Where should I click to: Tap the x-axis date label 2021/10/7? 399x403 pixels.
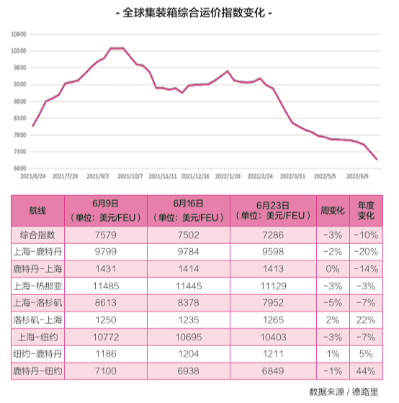[x=130, y=175]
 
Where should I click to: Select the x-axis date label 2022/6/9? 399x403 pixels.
[x=358, y=175]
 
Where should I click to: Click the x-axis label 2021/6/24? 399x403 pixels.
[x=32, y=175]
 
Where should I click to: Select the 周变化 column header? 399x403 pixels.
[x=333, y=211]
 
